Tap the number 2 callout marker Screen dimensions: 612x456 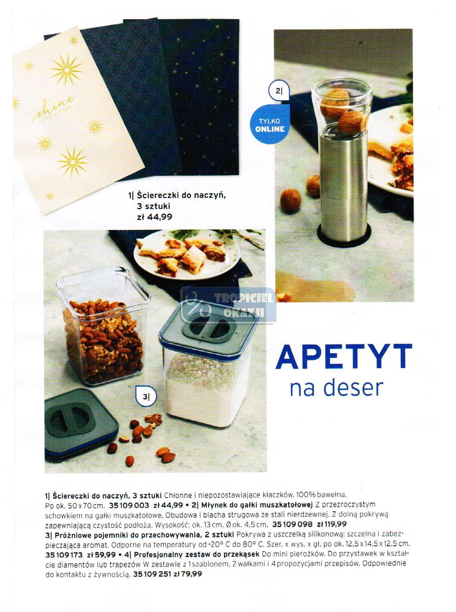point(279,91)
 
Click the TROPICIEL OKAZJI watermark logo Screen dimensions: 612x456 point(229,304)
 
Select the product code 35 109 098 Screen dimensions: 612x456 point(292,524)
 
